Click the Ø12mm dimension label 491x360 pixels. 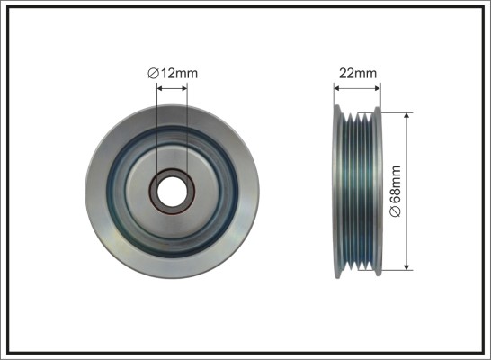173,73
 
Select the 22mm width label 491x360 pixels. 358,73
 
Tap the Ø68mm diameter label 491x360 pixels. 395,191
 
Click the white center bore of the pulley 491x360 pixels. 172,192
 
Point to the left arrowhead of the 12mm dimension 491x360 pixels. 160,89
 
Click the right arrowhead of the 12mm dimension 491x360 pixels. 183,89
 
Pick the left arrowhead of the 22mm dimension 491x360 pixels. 337,89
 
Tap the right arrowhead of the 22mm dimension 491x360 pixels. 377,89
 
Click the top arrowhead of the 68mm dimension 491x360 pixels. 406,117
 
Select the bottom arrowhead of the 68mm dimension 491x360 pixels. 406,266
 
